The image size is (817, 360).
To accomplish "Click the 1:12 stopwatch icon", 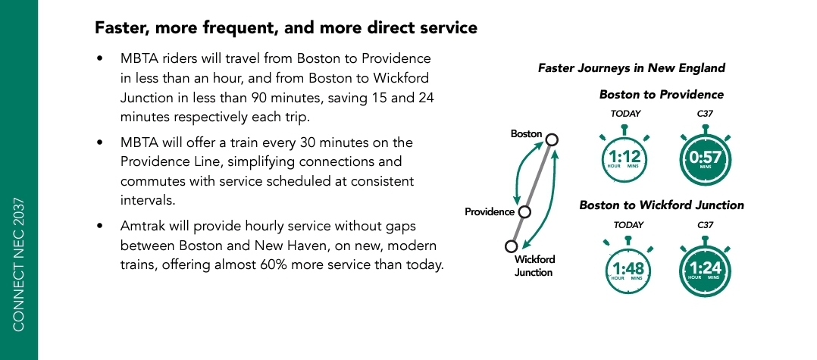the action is coord(624,155).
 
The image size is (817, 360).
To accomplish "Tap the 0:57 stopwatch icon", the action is coord(705,156).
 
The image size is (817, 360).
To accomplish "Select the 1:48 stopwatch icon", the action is coord(628,268).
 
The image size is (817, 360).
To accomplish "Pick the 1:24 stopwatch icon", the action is coord(705,268).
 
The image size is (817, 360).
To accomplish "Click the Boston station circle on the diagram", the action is coord(552,139).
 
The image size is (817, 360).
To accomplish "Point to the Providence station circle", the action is coord(524,212).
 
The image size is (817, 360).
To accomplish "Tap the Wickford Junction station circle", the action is coord(511,246).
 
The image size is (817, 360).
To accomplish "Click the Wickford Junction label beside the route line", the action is coord(534,266).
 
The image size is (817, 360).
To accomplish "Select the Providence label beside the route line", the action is coord(490,212).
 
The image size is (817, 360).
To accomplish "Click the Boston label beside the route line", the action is coord(526,134).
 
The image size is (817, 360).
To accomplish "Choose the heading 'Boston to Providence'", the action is coord(661,94).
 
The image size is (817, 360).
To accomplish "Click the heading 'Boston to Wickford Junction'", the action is coord(661,205).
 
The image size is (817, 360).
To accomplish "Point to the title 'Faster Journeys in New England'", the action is coord(631,68).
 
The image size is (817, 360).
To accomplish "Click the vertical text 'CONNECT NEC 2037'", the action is coord(19,265).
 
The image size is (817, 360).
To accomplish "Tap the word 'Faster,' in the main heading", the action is coord(121,27).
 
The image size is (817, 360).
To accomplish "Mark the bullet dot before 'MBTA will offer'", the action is coord(100,142).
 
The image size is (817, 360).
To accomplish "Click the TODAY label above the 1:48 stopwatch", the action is coord(628,225).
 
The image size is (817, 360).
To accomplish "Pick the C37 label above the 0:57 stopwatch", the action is coord(705,113).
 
